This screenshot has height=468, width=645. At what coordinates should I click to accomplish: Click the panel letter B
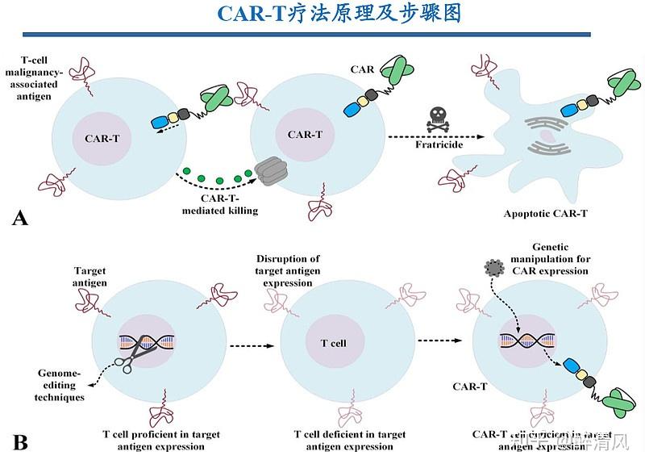22,441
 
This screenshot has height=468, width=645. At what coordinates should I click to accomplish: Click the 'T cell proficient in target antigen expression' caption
161,440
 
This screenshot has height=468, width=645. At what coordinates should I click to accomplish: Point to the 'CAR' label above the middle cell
362,69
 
